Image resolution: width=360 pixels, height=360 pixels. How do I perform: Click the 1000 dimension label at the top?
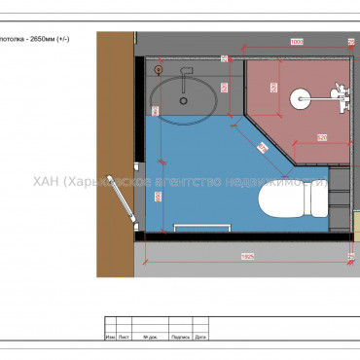[297, 41]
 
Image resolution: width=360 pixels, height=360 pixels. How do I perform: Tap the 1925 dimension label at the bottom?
[249, 256]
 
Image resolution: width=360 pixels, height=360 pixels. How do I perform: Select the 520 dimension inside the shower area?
[321, 136]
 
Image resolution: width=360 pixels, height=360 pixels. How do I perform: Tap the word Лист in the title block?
[124, 338]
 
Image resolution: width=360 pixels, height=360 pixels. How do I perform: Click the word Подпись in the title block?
[179, 338]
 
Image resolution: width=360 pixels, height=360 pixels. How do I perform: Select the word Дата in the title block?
[200, 338]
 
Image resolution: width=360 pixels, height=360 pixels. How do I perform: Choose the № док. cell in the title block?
[150, 338]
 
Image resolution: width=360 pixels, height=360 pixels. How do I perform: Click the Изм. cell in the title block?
[110, 338]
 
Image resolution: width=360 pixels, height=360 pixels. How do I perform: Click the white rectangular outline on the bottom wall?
[200, 227]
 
